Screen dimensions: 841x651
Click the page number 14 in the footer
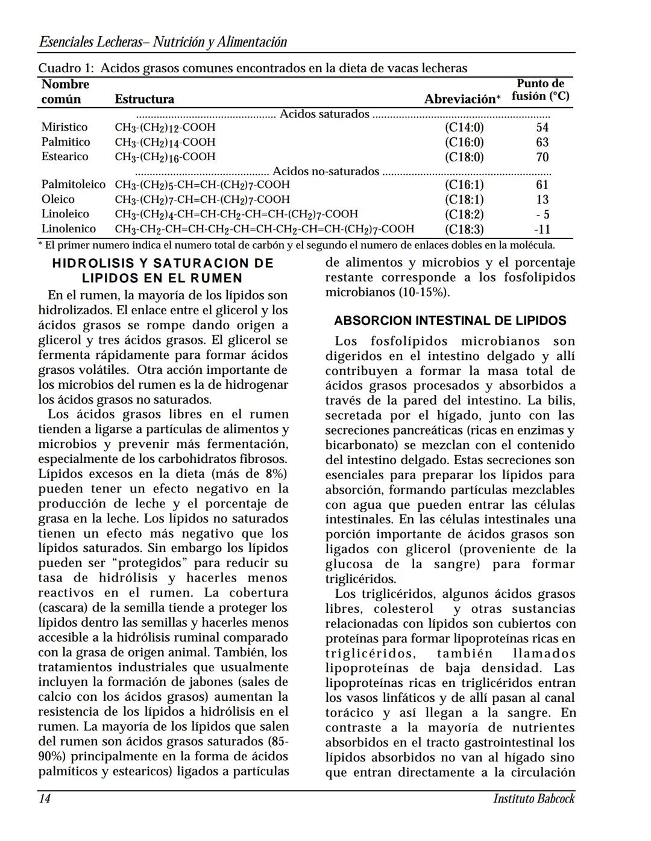45,798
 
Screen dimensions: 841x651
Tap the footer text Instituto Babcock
533,798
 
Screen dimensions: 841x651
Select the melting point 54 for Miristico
542,127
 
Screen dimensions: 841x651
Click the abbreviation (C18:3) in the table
464,229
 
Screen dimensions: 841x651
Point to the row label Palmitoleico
73,184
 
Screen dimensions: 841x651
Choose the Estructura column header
144,99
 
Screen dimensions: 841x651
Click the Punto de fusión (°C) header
540,90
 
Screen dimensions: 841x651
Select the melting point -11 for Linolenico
542,229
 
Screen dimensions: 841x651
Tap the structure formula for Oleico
202,199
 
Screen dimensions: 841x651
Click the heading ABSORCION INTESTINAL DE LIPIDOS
450,320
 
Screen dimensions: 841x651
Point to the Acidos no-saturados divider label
325,171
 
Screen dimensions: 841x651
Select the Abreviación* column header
462,99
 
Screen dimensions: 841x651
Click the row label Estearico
64,157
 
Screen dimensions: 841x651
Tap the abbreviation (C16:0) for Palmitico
464,142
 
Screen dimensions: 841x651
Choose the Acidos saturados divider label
324,114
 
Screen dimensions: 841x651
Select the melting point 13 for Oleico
542,199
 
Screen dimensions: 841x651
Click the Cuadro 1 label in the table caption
66,68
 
